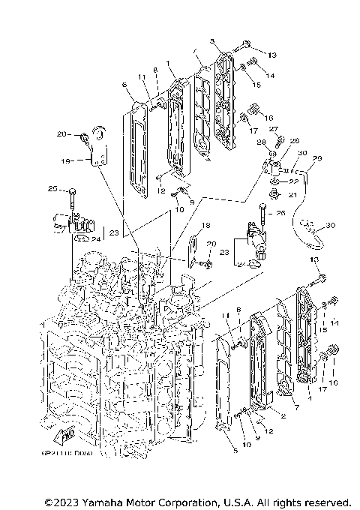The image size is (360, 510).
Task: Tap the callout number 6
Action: coord(124,86)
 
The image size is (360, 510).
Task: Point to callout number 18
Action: coord(205,225)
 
